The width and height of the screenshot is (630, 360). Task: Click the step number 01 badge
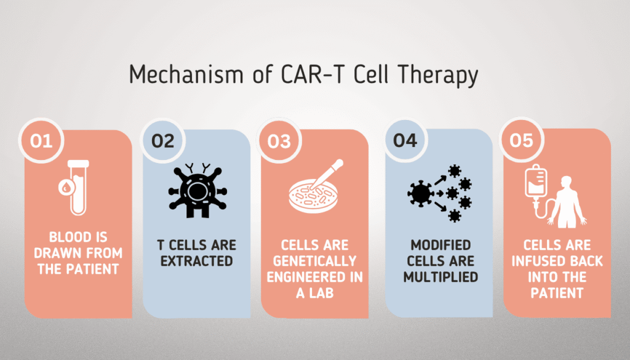(x=41, y=141)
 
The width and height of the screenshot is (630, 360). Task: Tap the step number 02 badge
(x=162, y=141)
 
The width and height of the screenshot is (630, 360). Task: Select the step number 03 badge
(x=279, y=141)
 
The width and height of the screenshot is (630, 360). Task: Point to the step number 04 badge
(x=405, y=141)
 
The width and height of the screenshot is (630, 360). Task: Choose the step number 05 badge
(x=521, y=141)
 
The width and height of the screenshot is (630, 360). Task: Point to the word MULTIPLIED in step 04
(x=441, y=277)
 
